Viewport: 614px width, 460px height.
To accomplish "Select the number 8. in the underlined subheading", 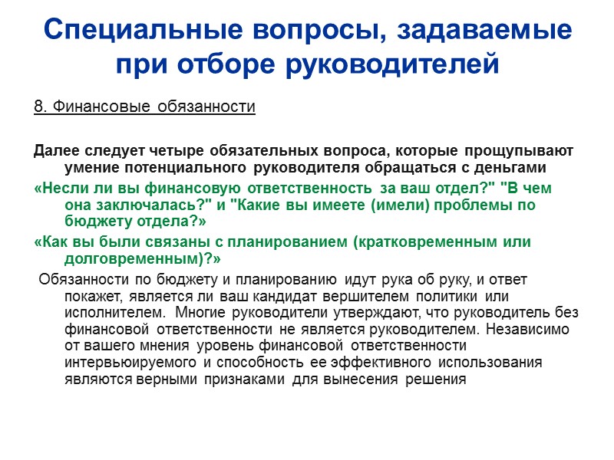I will [x=40, y=107].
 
